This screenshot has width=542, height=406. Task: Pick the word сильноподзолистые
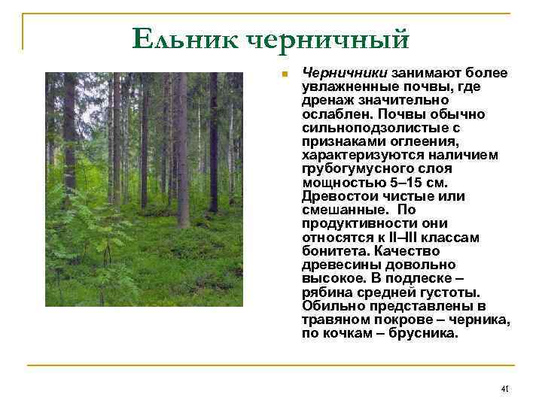[x=364, y=127]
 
